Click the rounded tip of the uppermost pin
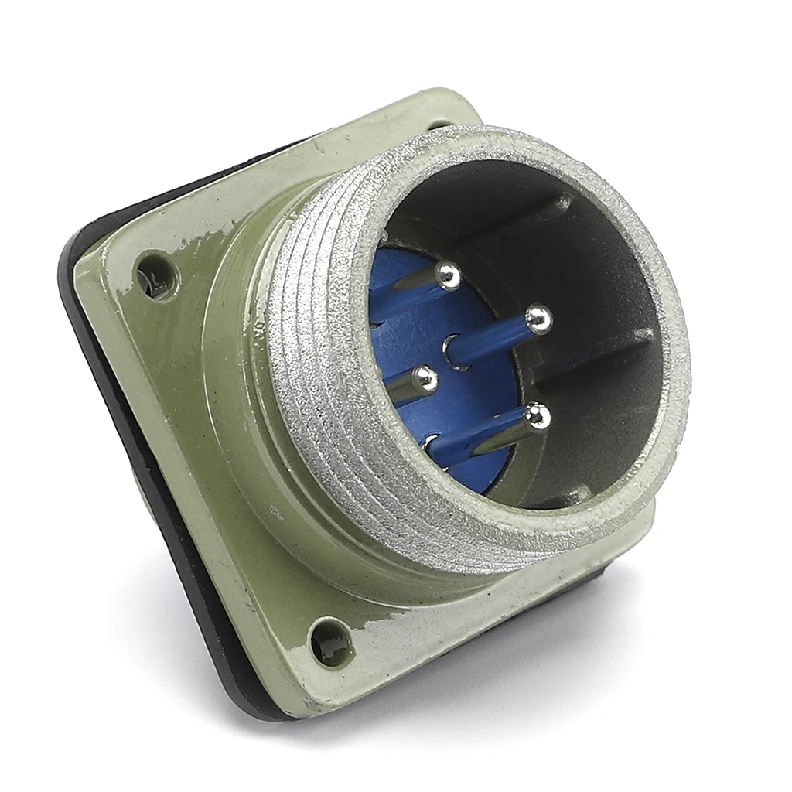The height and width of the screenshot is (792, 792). click(x=447, y=275)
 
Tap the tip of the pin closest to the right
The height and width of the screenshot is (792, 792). click(x=539, y=319)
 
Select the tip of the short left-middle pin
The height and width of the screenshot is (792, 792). click(x=422, y=379)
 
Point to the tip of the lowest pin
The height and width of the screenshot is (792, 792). click(x=536, y=418)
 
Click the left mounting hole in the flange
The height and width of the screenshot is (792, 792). click(x=157, y=275)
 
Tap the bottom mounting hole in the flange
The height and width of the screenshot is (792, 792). click(x=333, y=641)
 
